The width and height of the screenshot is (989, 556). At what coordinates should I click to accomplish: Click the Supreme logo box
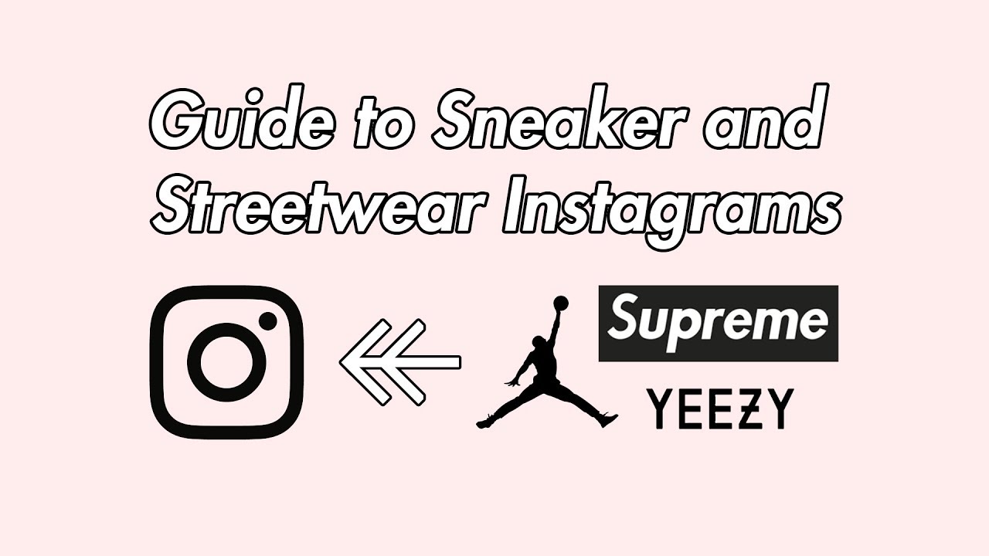pos(718,323)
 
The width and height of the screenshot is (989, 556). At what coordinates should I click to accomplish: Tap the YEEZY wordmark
pos(719,409)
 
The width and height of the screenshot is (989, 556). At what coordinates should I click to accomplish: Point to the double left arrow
pos(399,361)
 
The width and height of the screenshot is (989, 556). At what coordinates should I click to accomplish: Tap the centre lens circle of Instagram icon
pos(227,361)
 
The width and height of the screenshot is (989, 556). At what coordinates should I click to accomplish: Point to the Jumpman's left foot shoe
pos(486,422)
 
